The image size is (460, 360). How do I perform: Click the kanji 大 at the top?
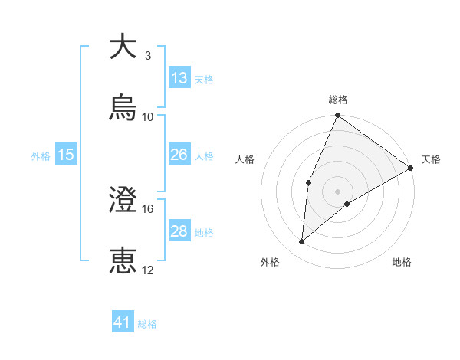[123, 47]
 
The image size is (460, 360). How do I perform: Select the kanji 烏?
[123, 108]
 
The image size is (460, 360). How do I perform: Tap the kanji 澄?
[123, 200]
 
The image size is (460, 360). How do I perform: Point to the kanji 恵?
[123, 261]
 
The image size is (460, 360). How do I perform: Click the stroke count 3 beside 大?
[148, 56]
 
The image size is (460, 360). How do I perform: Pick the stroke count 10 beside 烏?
[148, 117]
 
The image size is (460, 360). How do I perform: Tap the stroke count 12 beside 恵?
[148, 270]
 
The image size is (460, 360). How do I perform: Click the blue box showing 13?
[179, 77]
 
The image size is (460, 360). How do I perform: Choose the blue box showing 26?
[179, 155]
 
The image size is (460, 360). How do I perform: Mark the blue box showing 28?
[179, 231]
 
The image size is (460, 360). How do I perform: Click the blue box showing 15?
[66, 155]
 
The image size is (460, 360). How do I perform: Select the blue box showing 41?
[123, 322]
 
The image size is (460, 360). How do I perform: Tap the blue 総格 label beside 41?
[147, 324]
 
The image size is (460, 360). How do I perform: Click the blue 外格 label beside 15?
[41, 156]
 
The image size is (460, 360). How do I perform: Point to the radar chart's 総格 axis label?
[338, 100]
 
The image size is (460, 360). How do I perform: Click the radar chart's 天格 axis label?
[431, 159]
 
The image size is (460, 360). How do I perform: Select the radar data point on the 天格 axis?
[411, 168]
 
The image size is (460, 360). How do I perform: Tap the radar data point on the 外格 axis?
[302, 242]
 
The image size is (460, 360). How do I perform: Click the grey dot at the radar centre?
[338, 191]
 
